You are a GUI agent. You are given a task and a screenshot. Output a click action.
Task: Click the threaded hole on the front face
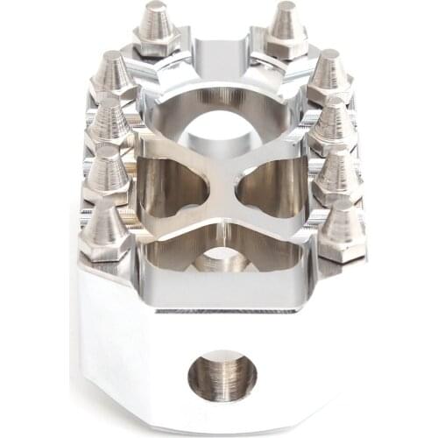(x=222, y=375)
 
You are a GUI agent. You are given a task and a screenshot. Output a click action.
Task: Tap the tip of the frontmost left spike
(x=105, y=208)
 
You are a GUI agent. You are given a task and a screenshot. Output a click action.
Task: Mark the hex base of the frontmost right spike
(x=343, y=250)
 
